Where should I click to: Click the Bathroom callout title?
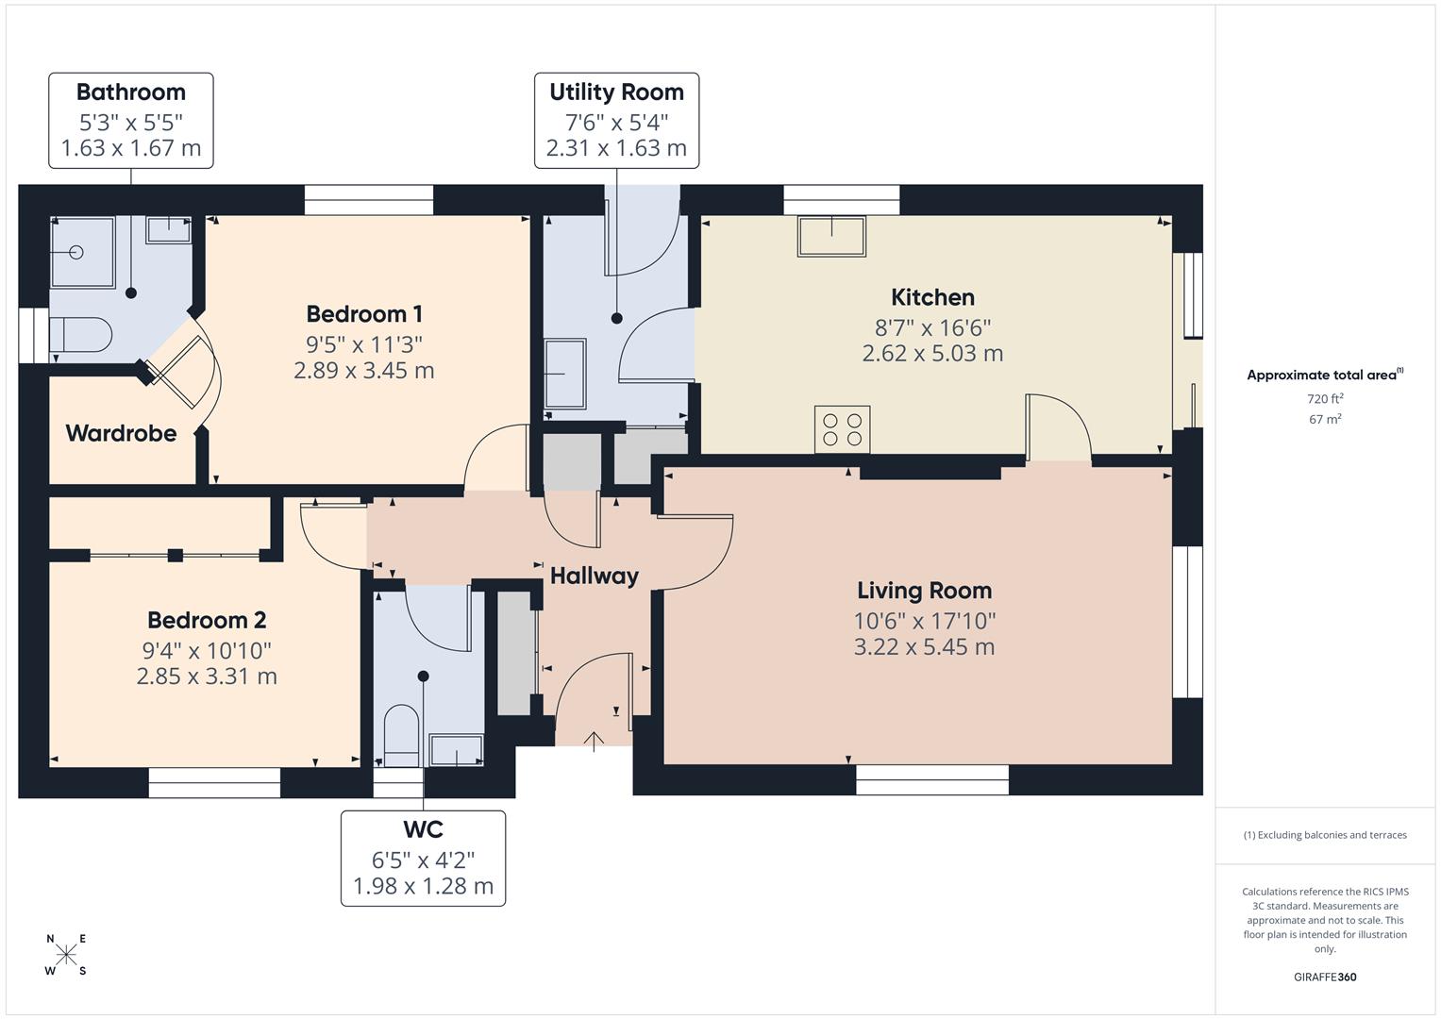(131, 92)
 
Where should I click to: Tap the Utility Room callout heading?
(616, 92)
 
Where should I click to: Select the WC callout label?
(423, 830)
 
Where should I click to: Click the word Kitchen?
(932, 297)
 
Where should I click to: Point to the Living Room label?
(924, 591)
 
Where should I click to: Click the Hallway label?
(594, 576)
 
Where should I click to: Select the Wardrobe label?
(121, 433)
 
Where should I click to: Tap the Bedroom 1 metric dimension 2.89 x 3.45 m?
(363, 371)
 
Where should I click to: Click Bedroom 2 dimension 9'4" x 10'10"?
(207, 650)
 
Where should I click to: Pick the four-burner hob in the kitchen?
(842, 429)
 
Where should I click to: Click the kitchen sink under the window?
(831, 236)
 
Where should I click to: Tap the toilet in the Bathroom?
(81, 334)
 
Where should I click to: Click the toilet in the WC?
(401, 735)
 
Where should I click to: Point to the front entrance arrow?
(594, 742)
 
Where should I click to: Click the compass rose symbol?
(66, 955)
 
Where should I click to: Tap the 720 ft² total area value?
(1325, 399)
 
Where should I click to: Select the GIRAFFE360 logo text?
(1324, 977)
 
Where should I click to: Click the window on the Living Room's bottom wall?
(931, 779)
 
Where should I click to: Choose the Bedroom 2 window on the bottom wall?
(214, 782)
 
